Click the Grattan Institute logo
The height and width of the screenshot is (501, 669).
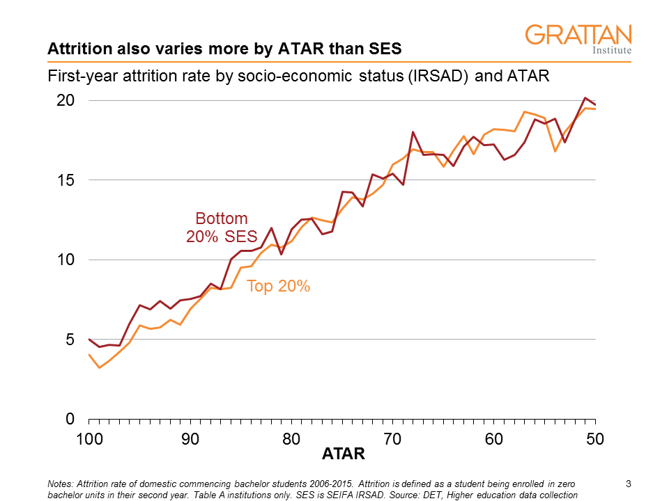(578, 40)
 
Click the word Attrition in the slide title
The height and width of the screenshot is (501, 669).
(75, 49)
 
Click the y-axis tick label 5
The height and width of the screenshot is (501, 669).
(70, 340)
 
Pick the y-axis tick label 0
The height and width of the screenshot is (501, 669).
(70, 420)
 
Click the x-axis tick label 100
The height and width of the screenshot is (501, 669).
(89, 439)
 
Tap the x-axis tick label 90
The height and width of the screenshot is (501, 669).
(190, 439)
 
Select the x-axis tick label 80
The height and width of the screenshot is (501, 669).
(291, 439)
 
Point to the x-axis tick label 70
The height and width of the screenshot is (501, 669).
(392, 439)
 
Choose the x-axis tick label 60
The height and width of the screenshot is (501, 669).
(494, 439)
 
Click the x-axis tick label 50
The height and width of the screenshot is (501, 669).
(595, 439)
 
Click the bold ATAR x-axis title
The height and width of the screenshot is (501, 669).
(343, 454)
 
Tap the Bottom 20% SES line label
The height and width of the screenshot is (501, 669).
(222, 227)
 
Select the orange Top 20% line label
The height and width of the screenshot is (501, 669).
(278, 285)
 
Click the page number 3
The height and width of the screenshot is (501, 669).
(629, 484)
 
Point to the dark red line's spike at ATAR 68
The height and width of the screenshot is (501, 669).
(413, 132)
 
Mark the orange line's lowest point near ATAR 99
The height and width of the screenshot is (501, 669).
(99, 367)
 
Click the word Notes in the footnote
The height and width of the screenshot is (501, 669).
(59, 484)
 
